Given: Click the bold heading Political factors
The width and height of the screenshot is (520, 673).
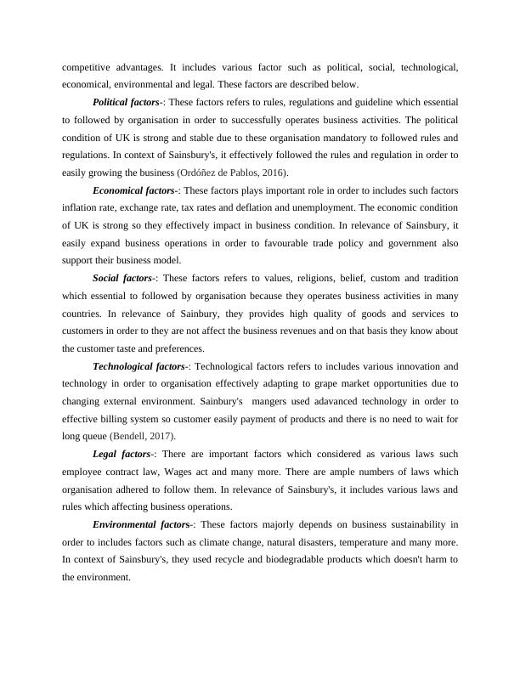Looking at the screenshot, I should click(x=126, y=101).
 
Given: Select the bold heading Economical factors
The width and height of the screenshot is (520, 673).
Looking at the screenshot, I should click(x=133, y=190).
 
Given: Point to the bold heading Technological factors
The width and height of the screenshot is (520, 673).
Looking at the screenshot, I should click(x=138, y=366).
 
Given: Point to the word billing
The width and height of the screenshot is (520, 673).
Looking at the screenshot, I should click(x=113, y=418).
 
